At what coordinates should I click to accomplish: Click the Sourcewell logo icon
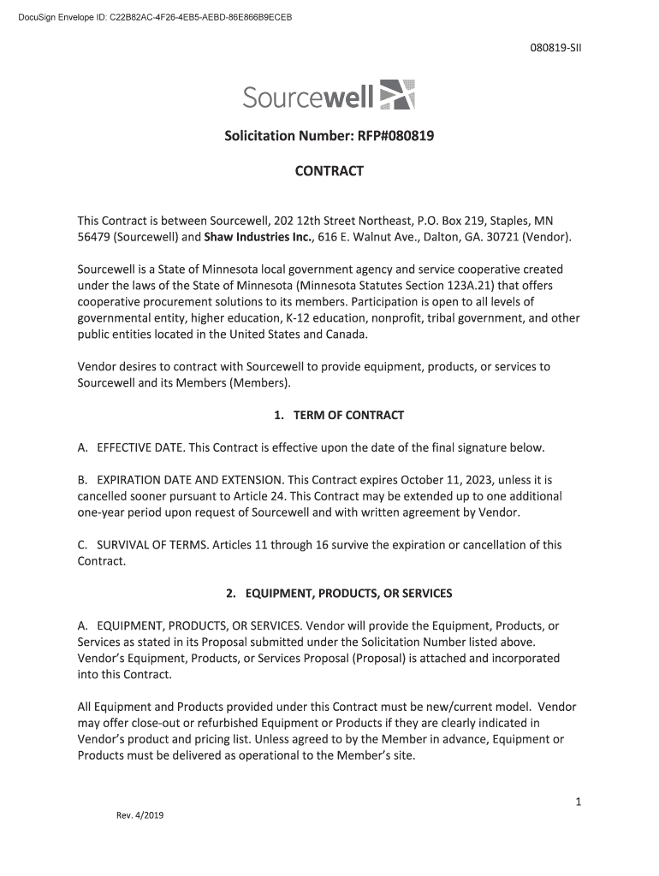point(396,94)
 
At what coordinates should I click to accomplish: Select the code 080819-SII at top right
point(556,48)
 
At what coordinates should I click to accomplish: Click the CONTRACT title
point(329,171)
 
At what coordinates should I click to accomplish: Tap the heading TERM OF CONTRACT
point(348,415)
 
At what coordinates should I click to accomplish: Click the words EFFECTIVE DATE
point(140,447)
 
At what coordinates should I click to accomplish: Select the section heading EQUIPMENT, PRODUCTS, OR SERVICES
point(348,593)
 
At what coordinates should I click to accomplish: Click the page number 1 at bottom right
point(579,802)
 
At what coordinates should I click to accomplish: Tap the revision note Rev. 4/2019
point(140,815)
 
